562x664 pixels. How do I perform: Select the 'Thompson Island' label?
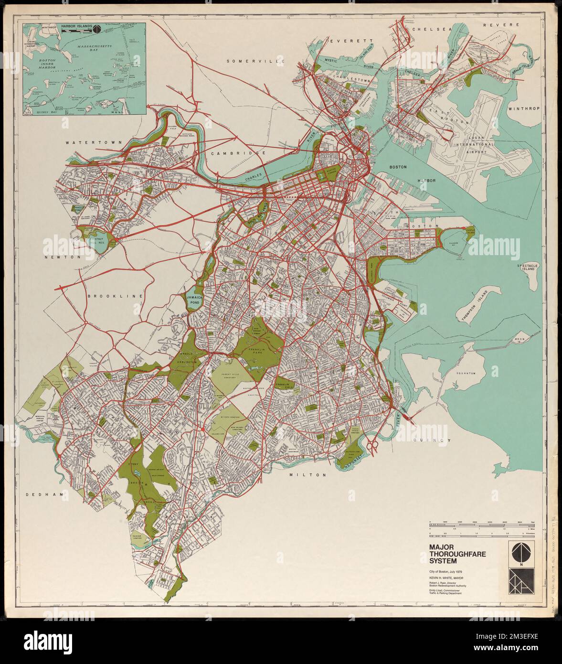(471, 306)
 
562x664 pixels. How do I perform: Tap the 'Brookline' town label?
(116, 296)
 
